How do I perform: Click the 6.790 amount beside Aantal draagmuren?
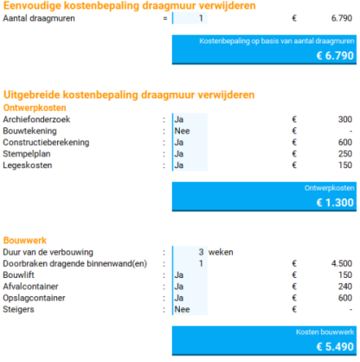(x=340, y=18)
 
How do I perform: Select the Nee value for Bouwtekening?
(x=182, y=131)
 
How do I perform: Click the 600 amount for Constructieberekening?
(x=344, y=142)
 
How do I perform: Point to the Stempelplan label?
(x=27, y=153)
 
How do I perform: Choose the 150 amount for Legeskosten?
(x=344, y=165)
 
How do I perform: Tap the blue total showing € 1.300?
(x=264, y=196)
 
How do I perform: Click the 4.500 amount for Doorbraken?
(x=341, y=263)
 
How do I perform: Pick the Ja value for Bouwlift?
(x=179, y=275)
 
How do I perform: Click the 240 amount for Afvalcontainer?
(x=344, y=286)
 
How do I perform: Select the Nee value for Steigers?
(x=182, y=308)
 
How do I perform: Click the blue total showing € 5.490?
(x=264, y=340)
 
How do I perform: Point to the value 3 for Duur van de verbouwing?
(x=201, y=252)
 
